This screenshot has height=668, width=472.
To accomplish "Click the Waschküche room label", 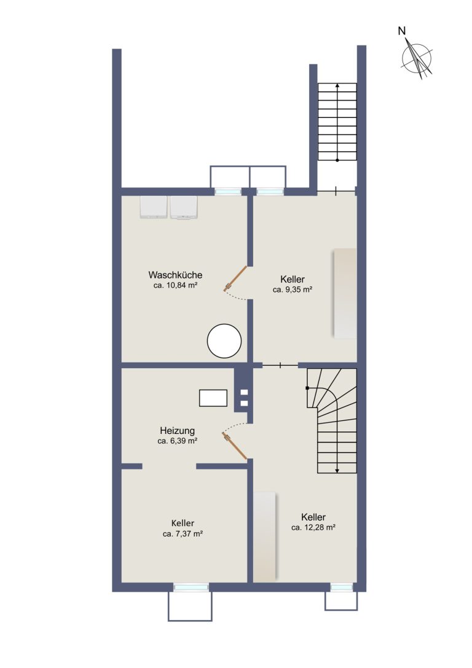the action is [175, 275].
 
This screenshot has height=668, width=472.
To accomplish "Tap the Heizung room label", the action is [177, 431].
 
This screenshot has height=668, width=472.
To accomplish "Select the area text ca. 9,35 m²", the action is [293, 289].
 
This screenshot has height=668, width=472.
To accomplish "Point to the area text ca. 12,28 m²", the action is [313, 527].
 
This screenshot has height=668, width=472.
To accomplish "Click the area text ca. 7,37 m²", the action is [183, 533].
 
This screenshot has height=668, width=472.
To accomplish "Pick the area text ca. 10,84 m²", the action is [175, 285].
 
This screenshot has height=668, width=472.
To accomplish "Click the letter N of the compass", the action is [402, 31].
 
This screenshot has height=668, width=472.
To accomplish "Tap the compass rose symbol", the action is [417, 59].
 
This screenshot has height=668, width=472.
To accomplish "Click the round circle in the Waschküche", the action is [224, 341].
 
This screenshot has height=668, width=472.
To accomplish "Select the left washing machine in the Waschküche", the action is [154, 207].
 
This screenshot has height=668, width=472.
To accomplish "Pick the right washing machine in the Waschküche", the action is [184, 207].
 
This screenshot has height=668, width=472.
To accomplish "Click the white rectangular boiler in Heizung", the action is [213, 398].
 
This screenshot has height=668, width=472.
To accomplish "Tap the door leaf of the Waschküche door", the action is [235, 278].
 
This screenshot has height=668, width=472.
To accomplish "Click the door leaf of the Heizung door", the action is [235, 446].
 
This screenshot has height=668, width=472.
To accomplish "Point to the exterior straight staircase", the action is [337, 122].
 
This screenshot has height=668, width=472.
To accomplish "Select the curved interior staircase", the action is [332, 421].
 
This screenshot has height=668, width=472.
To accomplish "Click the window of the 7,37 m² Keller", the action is [191, 587].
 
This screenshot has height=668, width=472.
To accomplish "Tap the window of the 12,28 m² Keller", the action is [342, 587].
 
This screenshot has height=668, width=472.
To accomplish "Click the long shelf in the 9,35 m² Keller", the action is [345, 294].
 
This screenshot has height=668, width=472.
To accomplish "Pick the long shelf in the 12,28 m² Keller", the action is [264, 536].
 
